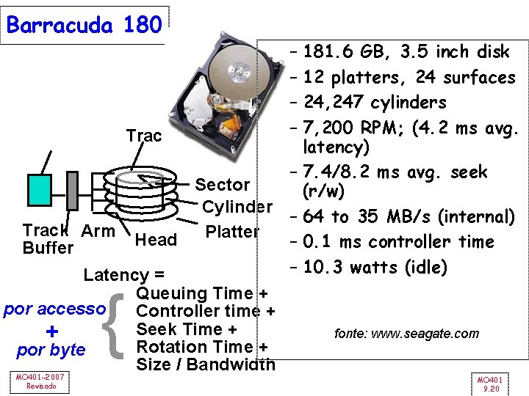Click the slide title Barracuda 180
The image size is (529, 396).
coord(83,25)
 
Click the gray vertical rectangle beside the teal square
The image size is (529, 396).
coord(71,190)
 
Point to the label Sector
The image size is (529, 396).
coord(223,184)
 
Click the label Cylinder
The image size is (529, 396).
coord(237,207)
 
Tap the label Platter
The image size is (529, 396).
coord(232,232)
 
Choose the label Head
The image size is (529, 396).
coord(156,240)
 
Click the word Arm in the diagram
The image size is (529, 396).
coord(98,231)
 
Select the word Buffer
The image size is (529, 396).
coord(48,248)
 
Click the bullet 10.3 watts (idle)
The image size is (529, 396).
coord(375,267)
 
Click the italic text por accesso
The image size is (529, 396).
coord(55,309)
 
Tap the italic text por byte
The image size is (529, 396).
coord(51,350)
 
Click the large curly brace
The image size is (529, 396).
coord(120,328)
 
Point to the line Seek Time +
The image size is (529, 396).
coord(186,329)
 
